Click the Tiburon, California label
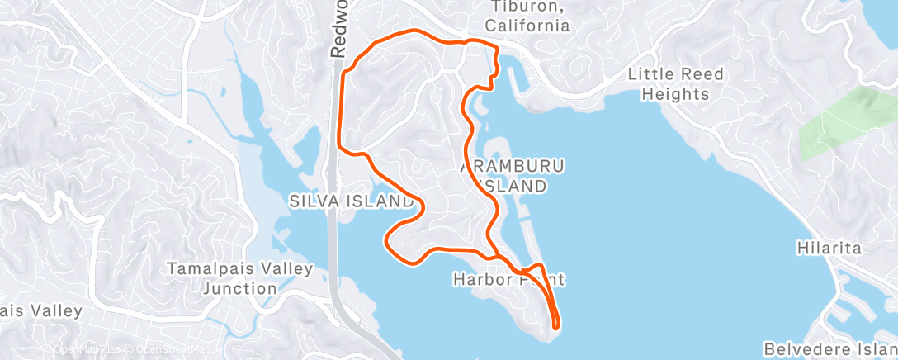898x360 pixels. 527,17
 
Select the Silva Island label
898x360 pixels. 351,201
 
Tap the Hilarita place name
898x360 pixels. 829,248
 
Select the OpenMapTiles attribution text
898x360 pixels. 79,349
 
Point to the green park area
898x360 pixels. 838,124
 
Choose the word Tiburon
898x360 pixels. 527,7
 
